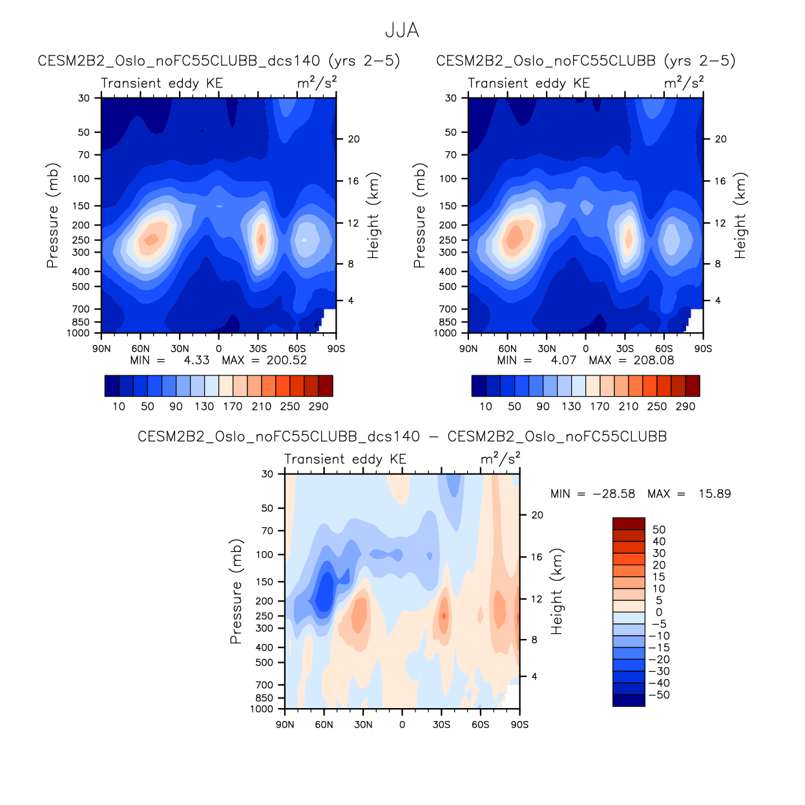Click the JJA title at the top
coord(402,30)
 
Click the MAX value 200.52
coord(287,361)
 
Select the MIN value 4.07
coord(563,361)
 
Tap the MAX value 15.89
coord(715,494)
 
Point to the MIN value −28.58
coord(614,494)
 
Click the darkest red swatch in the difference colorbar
coord(629,524)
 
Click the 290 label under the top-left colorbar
coord(319,406)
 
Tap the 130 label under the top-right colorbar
coord(571,406)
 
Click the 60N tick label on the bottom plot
coord(324,725)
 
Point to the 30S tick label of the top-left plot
coord(258,349)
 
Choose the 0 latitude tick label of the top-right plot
coord(586,349)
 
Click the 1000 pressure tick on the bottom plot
coord(262,709)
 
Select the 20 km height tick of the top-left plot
coord(353,140)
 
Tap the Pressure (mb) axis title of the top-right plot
coord(419,216)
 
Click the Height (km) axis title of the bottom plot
coord(556,592)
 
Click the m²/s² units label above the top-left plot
coord(317,83)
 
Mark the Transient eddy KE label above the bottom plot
coord(345,459)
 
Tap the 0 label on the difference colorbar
coord(659,612)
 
